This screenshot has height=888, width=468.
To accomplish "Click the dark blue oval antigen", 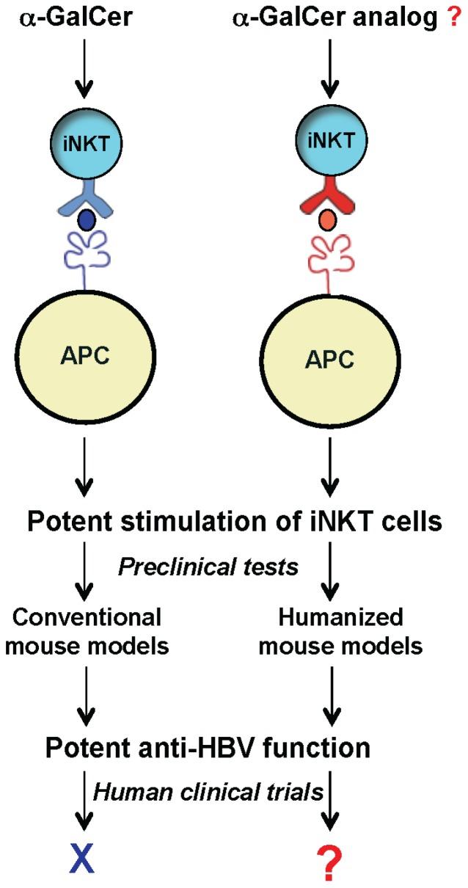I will [88, 219].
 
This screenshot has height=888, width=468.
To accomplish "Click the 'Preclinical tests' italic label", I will [208, 567].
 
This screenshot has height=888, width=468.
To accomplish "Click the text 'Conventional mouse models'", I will [87, 632].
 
